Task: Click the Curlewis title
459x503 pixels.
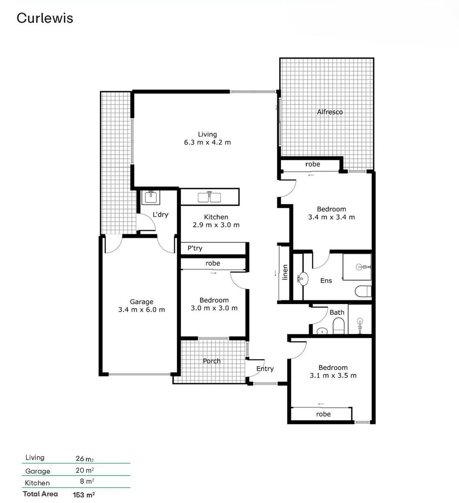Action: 45,18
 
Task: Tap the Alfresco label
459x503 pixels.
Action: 330,112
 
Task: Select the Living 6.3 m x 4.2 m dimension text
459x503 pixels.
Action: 207,143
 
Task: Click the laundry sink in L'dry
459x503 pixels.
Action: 151,197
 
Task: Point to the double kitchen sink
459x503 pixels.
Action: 209,197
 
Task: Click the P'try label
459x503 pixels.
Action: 195,249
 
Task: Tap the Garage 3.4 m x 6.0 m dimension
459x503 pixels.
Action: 142,310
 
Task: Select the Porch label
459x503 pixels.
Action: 212,361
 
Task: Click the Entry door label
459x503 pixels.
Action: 265,369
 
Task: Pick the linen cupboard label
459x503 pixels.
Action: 285,273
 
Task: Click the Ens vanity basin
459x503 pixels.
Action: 302,279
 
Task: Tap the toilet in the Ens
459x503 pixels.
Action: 363,292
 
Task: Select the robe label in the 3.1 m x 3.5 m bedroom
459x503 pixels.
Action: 323,414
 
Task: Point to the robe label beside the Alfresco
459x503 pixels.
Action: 313,164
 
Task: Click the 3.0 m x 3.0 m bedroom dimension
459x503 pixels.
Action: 214,308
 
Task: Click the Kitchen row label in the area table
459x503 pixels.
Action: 37,483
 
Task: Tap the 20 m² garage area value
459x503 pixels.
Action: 85,470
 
